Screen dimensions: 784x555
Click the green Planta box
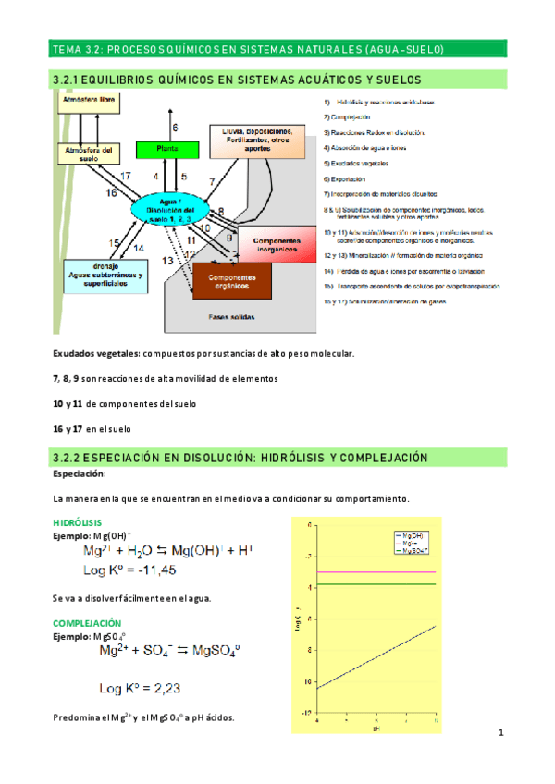pyautogui.click(x=167, y=148)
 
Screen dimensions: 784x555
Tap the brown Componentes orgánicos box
pyautogui.click(x=231, y=279)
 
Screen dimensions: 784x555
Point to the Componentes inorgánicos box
pyautogui.click(x=271, y=244)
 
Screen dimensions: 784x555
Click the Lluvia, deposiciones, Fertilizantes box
pyautogui.click(x=251, y=139)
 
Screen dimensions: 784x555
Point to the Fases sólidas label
pyautogui.click(x=231, y=315)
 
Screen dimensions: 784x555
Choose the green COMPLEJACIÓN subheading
pyautogui.click(x=88, y=623)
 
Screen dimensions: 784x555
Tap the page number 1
pyautogui.click(x=499, y=734)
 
